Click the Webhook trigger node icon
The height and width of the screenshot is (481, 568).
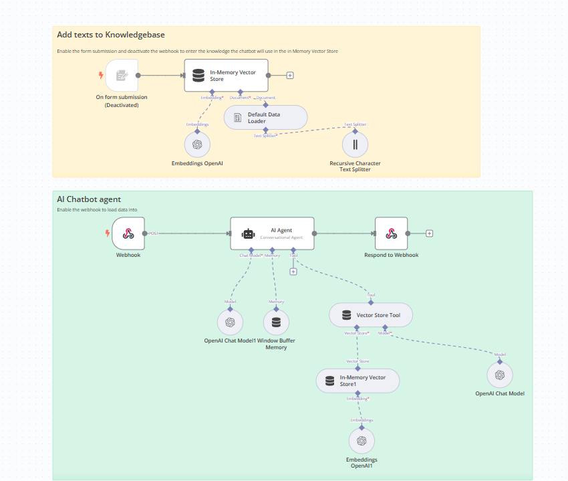click(x=128, y=233)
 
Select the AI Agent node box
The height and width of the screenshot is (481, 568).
click(x=271, y=233)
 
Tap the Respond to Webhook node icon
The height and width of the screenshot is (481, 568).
click(x=391, y=233)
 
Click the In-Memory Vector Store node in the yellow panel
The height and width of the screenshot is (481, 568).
click(x=226, y=75)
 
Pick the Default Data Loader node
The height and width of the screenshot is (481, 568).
click(x=265, y=117)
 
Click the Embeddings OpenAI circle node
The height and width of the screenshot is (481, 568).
click(x=197, y=144)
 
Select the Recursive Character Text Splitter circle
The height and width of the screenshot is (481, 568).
click(x=356, y=144)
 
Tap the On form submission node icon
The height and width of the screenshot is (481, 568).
click(x=122, y=75)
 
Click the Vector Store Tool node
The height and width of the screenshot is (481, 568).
click(x=371, y=314)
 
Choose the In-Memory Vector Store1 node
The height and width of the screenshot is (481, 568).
click(x=358, y=381)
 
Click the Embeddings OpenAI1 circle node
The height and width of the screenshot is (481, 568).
click(x=362, y=440)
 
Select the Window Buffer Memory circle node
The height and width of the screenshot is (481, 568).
click(x=277, y=322)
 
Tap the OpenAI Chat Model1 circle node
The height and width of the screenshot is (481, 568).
click(x=230, y=322)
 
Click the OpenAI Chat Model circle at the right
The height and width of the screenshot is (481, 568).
click(x=499, y=375)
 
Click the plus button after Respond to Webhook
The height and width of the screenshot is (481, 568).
click(x=429, y=233)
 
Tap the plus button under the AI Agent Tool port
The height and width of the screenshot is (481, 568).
click(x=293, y=272)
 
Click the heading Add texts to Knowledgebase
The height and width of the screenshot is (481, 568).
click(x=111, y=35)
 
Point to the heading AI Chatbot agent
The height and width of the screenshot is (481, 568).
click(x=89, y=199)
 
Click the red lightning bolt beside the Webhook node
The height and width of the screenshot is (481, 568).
click(x=107, y=233)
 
